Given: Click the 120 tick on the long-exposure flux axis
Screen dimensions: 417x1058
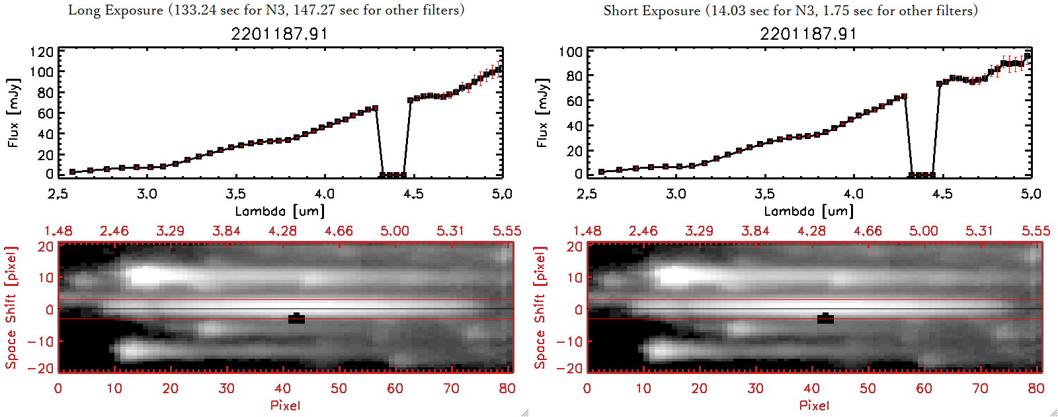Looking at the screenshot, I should tap(42, 52).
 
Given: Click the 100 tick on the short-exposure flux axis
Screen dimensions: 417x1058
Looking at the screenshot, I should tap(571, 52).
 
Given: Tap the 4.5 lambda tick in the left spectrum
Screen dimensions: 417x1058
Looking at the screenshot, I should tap(413, 194).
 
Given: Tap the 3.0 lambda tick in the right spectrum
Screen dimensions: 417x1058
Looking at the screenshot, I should tap(676, 194).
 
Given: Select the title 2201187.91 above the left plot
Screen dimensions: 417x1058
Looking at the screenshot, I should tap(279, 34).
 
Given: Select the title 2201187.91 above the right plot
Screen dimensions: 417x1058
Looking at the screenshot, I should tap(808, 34).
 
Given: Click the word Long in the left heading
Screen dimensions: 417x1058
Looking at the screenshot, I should tap(84, 10).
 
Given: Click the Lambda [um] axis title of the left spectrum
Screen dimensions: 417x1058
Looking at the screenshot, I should tap(280, 211).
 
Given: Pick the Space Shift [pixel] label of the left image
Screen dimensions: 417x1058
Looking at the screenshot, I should tap(11, 307).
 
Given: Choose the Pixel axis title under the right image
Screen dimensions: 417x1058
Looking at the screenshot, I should tap(814, 405).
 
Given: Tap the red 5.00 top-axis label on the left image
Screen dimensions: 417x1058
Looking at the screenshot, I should tap(395, 231).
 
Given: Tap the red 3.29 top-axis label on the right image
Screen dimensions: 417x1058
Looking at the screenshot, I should tap(699, 231).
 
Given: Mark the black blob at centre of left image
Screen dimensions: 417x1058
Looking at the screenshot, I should tap(297, 318).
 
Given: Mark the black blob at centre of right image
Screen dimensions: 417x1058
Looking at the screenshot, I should tap(826, 318).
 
